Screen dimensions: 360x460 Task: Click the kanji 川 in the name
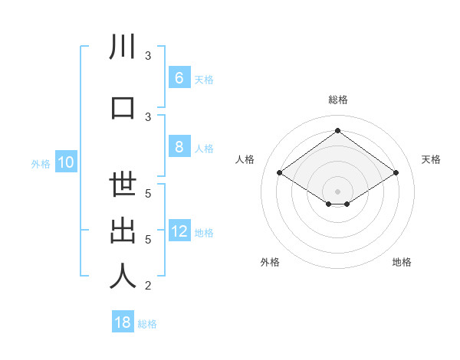pos(123,47)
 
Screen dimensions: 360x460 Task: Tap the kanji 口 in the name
pos(123,107)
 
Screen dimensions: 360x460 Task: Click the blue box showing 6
pos(179,78)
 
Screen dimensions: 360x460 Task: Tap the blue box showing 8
pos(179,147)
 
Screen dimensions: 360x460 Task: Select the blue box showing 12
pos(179,231)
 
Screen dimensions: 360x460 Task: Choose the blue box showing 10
pos(65,162)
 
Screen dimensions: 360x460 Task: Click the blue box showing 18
pos(123,322)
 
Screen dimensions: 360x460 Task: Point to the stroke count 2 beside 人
pos(148,286)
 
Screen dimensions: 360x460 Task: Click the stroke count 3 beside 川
pos(148,56)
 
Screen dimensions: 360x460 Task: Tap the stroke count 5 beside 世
pos(148,194)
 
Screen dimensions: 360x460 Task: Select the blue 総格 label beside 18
pos(147,324)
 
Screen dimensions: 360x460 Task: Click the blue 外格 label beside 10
pos(41,164)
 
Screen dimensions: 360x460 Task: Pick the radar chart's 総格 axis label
pos(337,100)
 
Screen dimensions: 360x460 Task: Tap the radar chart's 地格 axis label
pos(402,262)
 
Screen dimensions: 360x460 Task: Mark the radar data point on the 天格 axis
pos(396,173)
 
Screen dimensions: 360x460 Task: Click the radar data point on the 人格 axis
pos(280,173)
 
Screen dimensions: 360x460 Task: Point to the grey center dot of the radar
pos(337,191)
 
